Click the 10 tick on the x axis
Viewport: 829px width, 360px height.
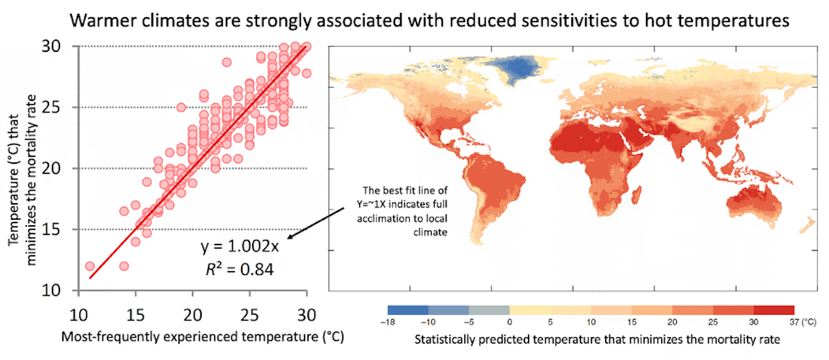(77, 313)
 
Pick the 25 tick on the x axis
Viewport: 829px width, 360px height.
(249, 313)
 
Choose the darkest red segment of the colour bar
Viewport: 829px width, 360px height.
(774, 310)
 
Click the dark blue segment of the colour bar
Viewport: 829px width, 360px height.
(408, 310)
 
